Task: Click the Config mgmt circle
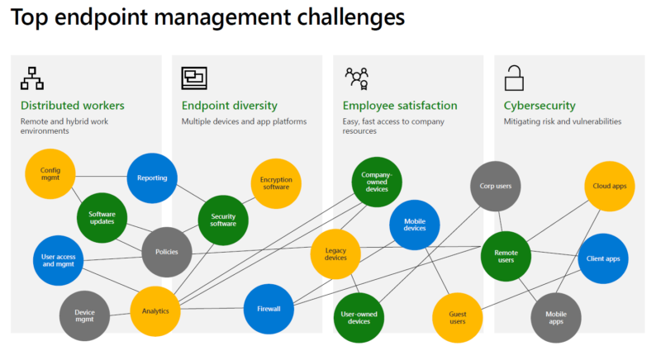[50, 174]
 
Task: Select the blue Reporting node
[152, 178]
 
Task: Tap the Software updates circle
[102, 219]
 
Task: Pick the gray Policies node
[167, 252]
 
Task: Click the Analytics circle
[155, 311]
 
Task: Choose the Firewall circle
[269, 309]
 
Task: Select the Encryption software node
[276, 183]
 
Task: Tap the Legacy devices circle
[335, 253]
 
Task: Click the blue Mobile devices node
[415, 223]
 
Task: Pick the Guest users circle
[458, 317]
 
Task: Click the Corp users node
[496, 186]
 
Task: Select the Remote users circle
[506, 256]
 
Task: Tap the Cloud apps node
[610, 186]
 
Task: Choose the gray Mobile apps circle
[555, 318]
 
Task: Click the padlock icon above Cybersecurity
[514, 78]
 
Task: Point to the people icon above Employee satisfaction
[356, 78]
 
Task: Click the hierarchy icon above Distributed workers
[32, 78]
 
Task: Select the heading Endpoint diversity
[229, 106]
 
